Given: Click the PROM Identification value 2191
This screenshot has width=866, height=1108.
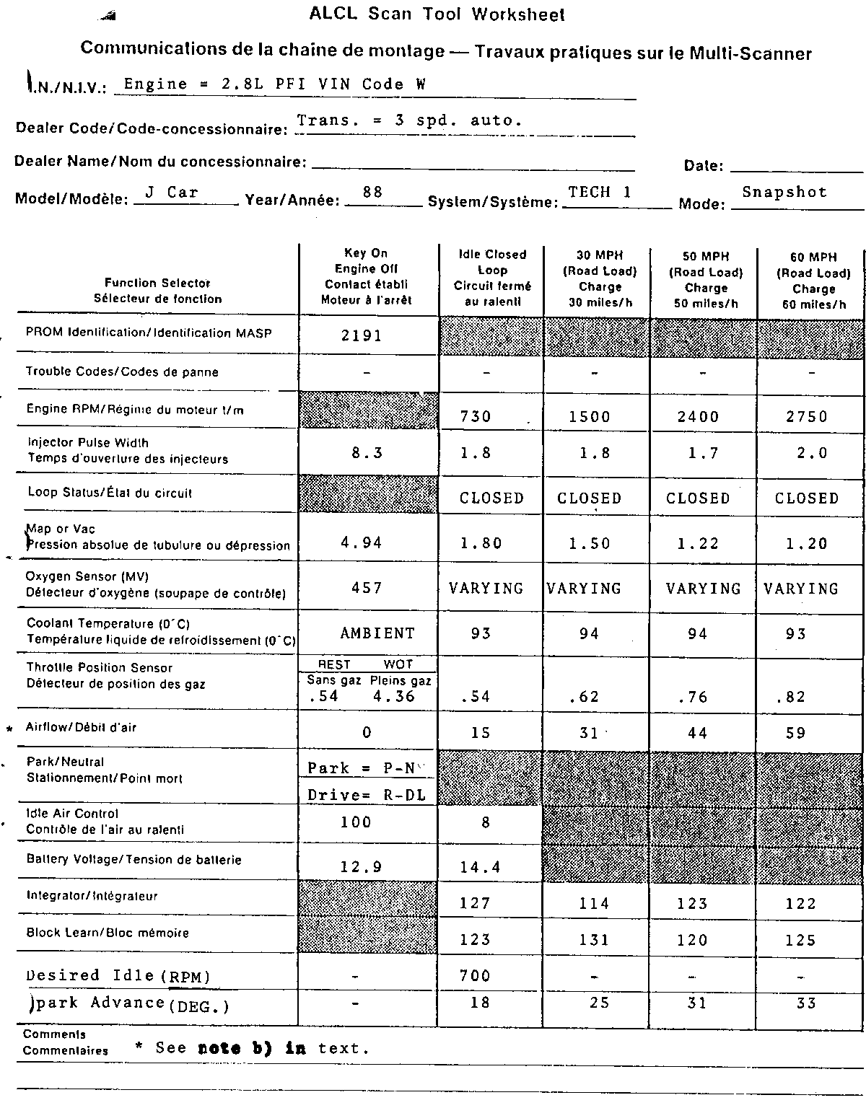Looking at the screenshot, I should click(x=362, y=335).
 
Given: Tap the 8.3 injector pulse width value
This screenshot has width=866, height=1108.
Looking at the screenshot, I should click(x=367, y=453).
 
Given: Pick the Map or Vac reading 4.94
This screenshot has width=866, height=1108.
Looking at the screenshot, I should click(x=362, y=542).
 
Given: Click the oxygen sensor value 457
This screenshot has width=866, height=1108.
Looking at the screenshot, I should click(x=367, y=588).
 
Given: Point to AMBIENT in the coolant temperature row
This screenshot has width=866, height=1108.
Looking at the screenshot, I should click(x=377, y=633).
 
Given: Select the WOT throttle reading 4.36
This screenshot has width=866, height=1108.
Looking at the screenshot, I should click(x=394, y=696).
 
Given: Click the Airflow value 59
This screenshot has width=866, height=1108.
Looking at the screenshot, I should click(x=795, y=733).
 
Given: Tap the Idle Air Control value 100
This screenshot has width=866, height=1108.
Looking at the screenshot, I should click(x=356, y=822).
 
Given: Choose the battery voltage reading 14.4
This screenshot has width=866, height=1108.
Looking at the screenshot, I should click(x=480, y=867).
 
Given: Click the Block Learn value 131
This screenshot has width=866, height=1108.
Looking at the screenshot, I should click(x=594, y=940).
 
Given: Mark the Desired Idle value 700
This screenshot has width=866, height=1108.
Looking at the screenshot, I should click(x=475, y=976).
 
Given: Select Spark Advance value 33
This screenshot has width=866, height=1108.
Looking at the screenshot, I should click(x=806, y=1003).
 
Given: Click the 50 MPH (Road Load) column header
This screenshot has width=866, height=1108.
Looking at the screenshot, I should click(x=705, y=280).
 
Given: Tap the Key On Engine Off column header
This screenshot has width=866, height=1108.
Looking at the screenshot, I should click(x=367, y=276).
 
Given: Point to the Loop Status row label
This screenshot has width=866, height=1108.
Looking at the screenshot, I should click(x=110, y=493).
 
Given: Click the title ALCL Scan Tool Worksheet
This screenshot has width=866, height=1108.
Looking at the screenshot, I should click(x=437, y=14).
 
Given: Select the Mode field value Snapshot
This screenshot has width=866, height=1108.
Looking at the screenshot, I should click(x=784, y=192).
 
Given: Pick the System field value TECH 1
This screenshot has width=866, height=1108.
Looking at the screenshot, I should click(x=600, y=192).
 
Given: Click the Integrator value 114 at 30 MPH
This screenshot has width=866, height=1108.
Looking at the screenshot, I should click(x=594, y=903).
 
